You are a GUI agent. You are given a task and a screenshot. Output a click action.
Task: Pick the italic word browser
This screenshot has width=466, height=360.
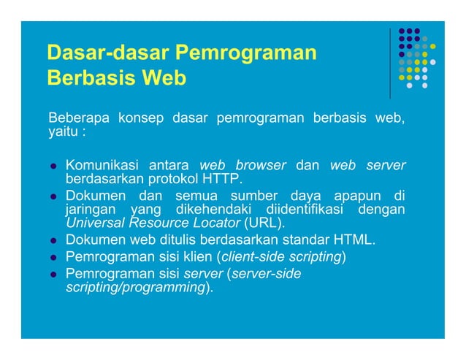260,165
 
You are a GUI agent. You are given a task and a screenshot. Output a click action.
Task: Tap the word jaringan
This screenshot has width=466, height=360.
91,209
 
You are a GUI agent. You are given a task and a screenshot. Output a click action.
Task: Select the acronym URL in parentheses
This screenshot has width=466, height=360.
264,223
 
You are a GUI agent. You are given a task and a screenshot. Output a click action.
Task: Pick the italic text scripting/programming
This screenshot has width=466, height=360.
134,287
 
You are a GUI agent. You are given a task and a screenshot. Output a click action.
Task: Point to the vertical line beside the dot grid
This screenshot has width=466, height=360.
391,63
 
